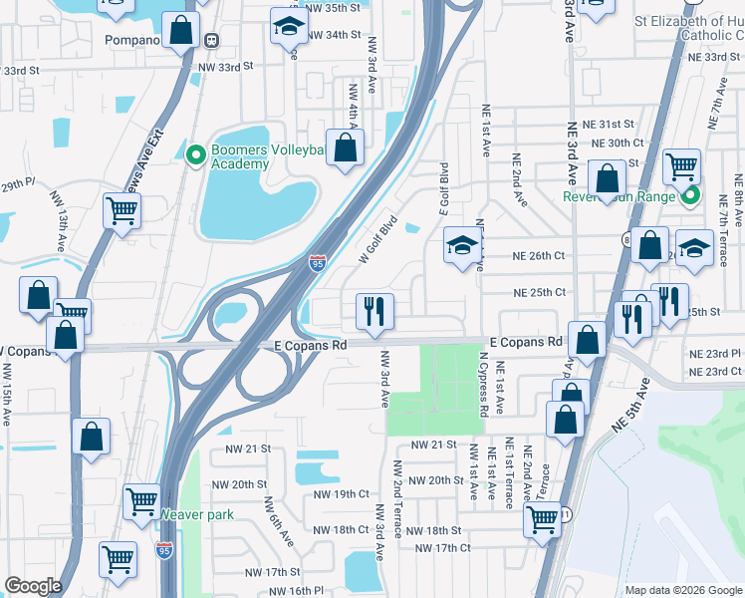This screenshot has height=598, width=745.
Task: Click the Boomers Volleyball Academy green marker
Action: click(195, 154)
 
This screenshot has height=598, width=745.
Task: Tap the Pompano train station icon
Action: click(212, 40)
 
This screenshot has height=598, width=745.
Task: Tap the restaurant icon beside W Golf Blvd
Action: click(375, 311)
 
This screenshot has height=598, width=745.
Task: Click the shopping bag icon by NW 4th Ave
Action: click(346, 149)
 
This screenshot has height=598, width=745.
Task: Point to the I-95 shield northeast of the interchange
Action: click(317, 263)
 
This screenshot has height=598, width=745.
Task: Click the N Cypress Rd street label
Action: click(483, 384)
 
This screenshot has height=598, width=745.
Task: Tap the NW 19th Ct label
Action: click(341, 493)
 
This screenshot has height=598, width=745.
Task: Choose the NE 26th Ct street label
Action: click(539, 256)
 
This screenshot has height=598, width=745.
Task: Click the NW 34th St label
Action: click(334, 35)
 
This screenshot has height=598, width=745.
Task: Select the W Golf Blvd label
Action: click(378, 240)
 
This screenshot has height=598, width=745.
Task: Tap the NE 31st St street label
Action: click(609, 124)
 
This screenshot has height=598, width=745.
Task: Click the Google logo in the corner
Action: click(33, 586)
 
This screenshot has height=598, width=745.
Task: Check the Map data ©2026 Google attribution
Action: click(682, 590)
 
